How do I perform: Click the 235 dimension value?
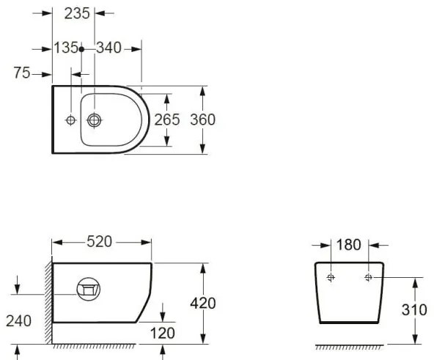77,13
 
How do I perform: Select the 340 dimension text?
108,48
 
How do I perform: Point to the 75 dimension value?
22,73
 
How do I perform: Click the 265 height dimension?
167,120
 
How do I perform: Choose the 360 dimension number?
202,120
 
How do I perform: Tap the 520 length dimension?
100,241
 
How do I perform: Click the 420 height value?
203,304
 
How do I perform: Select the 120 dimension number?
163,333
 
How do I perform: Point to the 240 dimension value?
18,321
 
